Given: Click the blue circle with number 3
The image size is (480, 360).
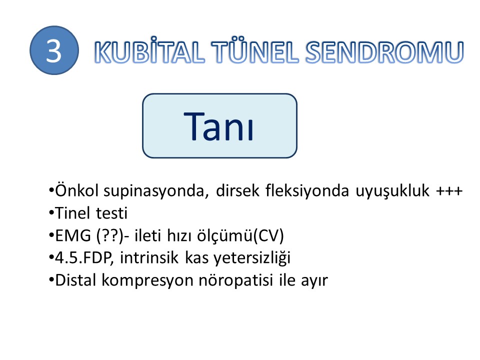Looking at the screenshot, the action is coord(54,50).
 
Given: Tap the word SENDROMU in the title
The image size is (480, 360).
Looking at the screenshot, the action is coord(384,52).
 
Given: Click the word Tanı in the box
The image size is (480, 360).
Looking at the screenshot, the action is coord(219,126).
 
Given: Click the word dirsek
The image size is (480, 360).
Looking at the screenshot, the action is coord(238,190).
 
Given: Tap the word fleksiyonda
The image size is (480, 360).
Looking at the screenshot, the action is coord(307,191).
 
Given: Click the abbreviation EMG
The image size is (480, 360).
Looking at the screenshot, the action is coord(73,235).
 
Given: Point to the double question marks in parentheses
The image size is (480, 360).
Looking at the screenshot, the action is coord(110,236).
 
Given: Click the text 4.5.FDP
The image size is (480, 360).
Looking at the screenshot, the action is coord(82,258).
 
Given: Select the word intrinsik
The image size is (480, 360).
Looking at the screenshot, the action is coord(149,257).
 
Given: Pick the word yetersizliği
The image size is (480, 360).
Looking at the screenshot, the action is coord(252,258).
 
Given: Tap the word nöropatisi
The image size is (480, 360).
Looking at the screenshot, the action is coord(235,280).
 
